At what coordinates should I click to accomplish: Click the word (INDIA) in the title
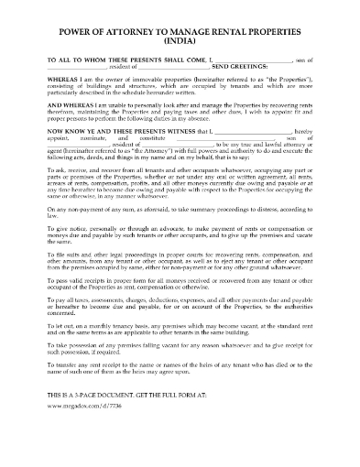180,40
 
